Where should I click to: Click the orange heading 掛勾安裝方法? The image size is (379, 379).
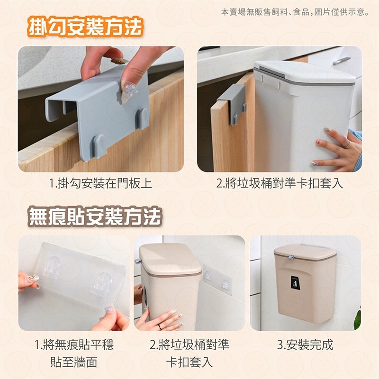coord(85,27)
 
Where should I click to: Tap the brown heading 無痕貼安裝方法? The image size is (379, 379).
coord(95,217)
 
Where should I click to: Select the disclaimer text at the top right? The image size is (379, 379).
coord(295,12)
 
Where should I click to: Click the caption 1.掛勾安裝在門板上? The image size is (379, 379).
coord(100,183)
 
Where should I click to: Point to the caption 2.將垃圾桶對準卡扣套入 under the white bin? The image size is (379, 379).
coord(280,183)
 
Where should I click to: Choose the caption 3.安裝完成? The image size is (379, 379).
coord(305,345)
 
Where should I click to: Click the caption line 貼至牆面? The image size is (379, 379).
coord(74,362)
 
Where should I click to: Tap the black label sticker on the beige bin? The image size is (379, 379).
coord(294,282)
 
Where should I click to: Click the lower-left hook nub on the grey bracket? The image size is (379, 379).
coord(99,146)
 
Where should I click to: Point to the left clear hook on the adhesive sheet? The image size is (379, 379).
coord(52,268)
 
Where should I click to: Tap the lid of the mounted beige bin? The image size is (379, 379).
coord(305,252)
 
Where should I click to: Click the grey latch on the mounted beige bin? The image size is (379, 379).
coord(291,258)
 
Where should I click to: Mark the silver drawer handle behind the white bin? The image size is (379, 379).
coord(342,61)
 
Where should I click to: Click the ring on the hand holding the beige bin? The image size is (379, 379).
coord(160,327)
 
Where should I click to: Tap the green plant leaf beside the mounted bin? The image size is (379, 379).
coord(358,318)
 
